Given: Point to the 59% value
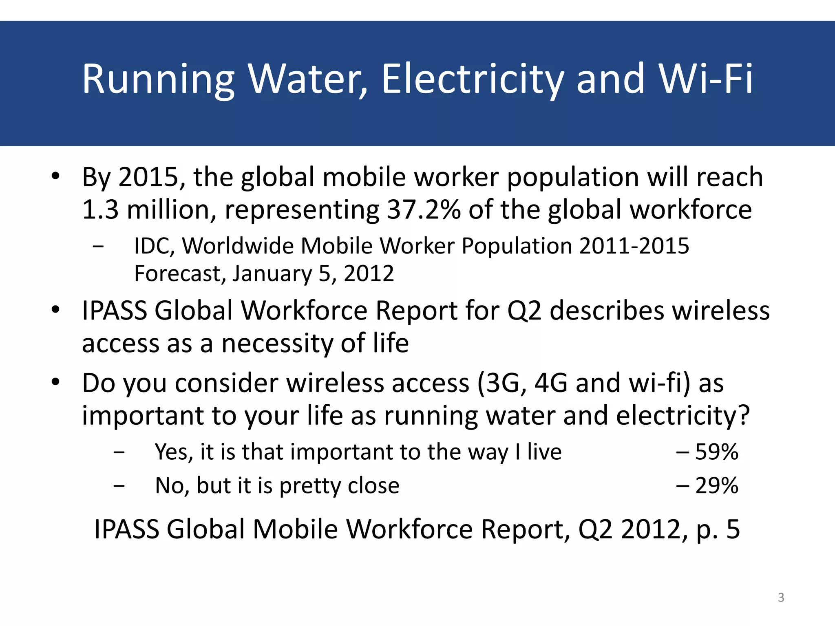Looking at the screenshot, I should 716,452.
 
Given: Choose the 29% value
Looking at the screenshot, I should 716,485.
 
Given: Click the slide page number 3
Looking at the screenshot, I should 781,597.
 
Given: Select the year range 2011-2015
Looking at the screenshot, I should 634,246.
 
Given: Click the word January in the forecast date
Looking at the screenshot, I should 272,273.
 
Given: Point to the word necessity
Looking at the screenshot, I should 277,343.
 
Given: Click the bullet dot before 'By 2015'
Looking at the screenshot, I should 55,176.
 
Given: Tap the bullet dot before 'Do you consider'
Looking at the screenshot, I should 55,382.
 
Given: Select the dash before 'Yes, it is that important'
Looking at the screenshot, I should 119,452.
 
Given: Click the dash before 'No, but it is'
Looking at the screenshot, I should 119,485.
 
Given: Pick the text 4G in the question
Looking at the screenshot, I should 550,383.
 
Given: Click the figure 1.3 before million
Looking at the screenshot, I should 100,209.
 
